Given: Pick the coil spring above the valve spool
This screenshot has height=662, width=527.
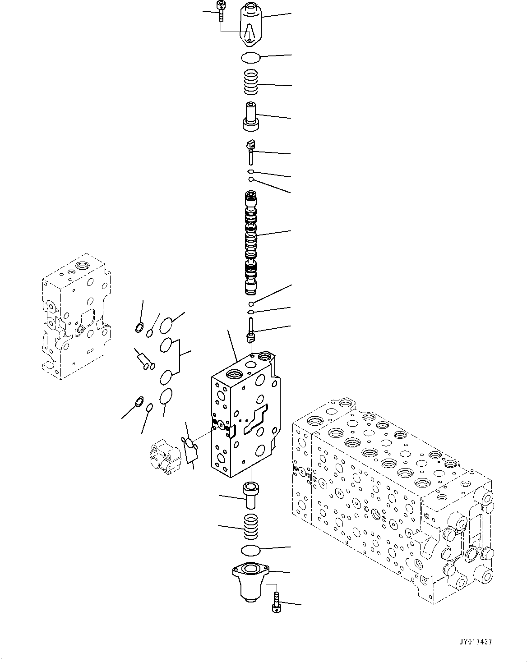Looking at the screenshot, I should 252,83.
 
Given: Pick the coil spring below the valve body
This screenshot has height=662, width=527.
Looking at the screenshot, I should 251,526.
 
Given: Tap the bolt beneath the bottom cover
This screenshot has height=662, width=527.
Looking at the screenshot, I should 276,603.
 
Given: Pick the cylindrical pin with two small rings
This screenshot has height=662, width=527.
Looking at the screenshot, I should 145,360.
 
